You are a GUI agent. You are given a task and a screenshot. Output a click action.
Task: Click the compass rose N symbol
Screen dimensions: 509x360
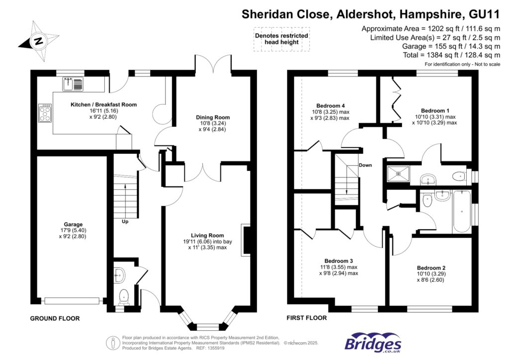click(39, 41)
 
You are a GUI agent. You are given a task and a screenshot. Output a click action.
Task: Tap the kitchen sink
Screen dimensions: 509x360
click(73, 84)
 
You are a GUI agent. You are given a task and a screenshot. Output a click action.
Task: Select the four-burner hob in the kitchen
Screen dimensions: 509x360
click(45, 113)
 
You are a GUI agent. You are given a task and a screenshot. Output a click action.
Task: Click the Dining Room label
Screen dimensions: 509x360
click(213, 117)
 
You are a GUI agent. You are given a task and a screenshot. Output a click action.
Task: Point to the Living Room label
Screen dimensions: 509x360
click(207, 235)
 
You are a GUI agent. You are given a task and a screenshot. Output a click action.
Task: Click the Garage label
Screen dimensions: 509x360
click(73, 224)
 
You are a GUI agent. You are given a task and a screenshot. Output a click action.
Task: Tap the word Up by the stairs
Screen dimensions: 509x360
click(125, 222)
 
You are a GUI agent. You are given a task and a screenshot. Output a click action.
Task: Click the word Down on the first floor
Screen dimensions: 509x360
click(365, 165)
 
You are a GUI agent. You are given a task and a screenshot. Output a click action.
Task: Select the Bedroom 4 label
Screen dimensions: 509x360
click(331, 106)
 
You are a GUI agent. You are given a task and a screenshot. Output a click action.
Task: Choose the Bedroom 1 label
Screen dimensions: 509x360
click(435, 111)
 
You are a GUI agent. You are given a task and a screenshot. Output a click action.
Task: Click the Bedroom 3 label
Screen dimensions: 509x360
click(339, 261)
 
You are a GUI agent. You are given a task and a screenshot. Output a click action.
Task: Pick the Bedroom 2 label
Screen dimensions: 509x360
click(431, 268)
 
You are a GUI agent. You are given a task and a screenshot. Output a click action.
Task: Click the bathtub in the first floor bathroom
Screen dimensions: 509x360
click(462, 211)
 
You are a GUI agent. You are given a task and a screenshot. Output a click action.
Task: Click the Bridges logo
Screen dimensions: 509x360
click(373, 343)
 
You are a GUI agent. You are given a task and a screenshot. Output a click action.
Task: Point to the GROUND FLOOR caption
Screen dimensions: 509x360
click(55, 318)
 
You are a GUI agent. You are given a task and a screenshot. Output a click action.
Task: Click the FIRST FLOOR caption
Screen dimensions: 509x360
click(306, 318)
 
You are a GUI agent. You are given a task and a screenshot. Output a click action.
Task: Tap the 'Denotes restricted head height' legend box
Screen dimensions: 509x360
click(281, 39)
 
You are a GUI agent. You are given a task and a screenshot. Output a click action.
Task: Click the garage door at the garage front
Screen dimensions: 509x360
click(72, 301)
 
